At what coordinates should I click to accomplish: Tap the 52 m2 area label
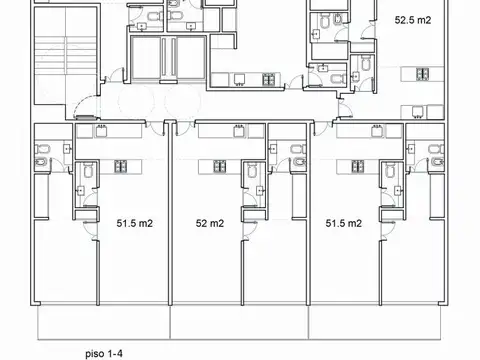coord(209,224)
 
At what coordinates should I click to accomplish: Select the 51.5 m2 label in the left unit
coord(133,224)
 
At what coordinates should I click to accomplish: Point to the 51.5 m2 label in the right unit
coord(343,224)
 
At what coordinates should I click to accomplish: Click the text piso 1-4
coord(104,352)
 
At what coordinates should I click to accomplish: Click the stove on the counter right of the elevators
coord(268,80)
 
